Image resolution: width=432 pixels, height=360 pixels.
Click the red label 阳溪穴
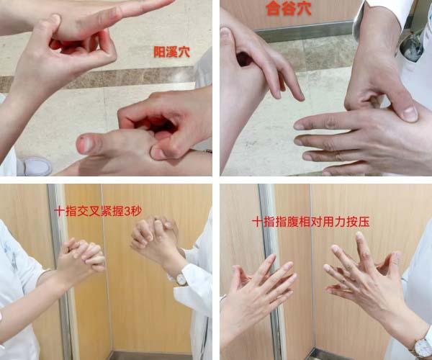click(x=171, y=52)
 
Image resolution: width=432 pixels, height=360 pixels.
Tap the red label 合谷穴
click(x=289, y=8)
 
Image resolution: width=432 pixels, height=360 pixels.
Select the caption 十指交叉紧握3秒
click(x=98, y=211)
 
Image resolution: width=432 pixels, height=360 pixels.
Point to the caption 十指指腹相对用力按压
click(x=310, y=222)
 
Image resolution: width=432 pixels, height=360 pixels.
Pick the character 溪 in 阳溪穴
click(x=171, y=52)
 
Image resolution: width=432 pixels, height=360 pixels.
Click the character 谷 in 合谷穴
click(x=289, y=8)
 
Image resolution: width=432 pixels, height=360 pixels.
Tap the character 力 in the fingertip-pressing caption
click(x=340, y=222)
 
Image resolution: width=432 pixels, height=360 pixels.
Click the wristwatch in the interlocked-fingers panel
click(x=181, y=279)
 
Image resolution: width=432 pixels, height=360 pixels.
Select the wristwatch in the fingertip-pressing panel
click(x=422, y=347)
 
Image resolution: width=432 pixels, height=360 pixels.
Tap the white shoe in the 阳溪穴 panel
click(x=35, y=166)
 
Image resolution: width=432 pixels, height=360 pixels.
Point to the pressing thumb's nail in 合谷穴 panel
click(x=410, y=114)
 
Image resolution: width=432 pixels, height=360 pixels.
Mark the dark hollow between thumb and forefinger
click(x=244, y=58)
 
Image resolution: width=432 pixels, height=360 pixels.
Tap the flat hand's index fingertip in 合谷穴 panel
click(x=299, y=125)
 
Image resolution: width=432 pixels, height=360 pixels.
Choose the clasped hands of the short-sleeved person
click(x=82, y=255)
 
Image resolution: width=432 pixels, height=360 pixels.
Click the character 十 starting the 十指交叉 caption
click(x=60, y=211)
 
